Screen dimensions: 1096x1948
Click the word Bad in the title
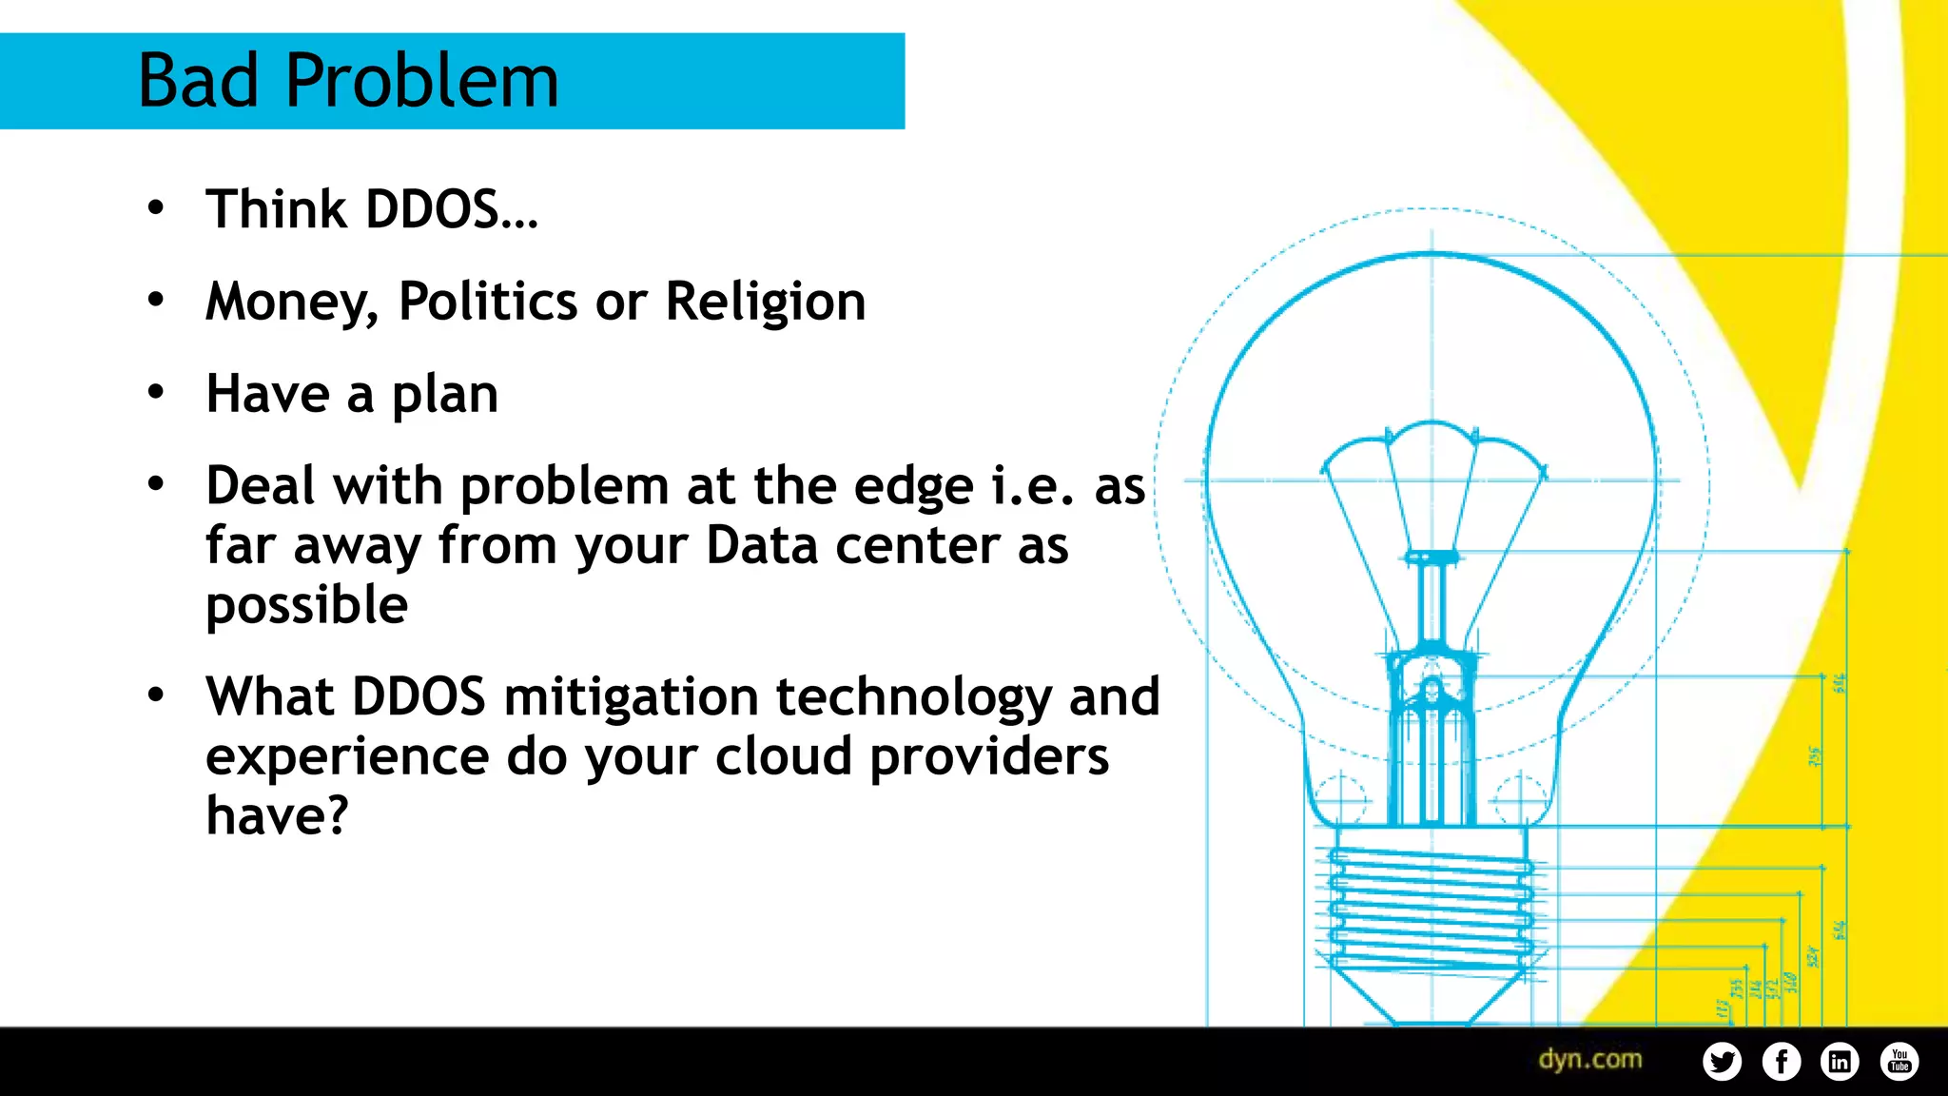click(198, 81)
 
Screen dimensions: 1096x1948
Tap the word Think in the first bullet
click(277, 209)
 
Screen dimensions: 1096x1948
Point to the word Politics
click(488, 302)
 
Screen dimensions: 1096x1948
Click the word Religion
click(766, 303)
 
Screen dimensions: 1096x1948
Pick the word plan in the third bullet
click(445, 395)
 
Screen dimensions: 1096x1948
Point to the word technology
click(914, 698)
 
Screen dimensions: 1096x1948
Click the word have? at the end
click(278, 816)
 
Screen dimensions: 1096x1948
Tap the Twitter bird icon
click(1723, 1061)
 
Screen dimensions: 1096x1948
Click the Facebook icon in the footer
click(1782, 1061)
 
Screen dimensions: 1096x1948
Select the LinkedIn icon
click(1841, 1061)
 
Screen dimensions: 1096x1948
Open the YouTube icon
click(1899, 1061)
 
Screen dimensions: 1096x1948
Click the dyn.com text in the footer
click(1590, 1060)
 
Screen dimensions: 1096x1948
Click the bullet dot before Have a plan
click(156, 392)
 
